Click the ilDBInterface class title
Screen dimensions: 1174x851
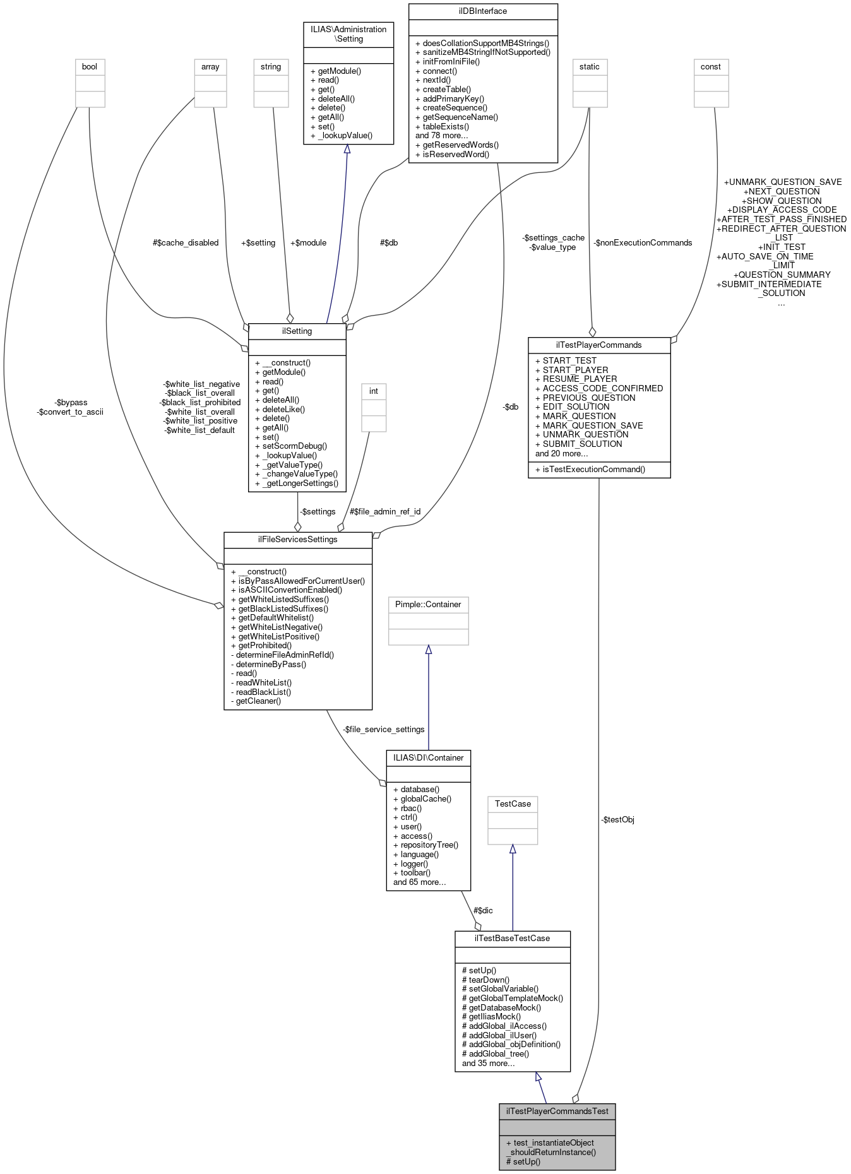483,11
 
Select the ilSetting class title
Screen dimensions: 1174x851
297,331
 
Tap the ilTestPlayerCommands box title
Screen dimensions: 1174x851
598,345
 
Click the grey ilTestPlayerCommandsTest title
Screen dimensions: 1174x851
557,1111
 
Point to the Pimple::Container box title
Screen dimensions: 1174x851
428,605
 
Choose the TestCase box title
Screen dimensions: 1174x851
513,803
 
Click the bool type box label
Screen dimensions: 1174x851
90,67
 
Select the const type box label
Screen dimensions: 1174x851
710,67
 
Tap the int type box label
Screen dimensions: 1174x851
373,391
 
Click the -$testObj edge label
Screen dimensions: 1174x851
617,820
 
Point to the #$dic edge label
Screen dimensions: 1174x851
483,910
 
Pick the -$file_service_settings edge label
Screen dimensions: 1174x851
383,729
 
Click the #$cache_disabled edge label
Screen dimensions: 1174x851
186,242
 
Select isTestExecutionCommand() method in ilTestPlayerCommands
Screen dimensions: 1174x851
593,469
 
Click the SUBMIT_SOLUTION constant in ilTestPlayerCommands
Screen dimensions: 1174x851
582,444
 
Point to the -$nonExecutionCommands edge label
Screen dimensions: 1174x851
643,242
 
